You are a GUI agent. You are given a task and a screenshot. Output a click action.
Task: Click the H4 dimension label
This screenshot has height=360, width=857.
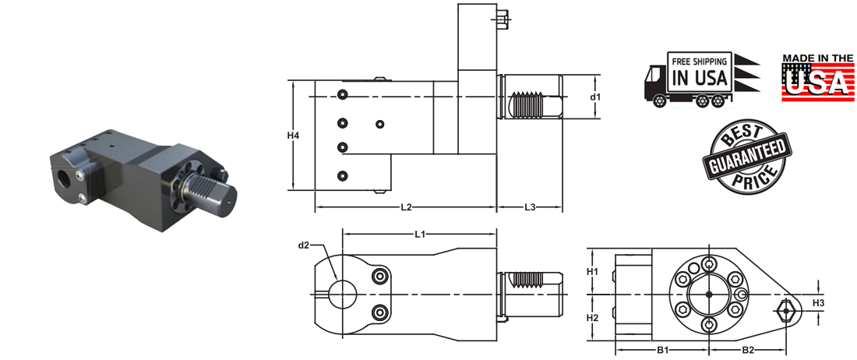click(x=293, y=136)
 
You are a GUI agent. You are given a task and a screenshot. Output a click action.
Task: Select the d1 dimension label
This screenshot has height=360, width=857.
click(x=594, y=97)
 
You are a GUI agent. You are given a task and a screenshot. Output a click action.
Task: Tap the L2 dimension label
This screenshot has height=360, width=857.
click(x=406, y=207)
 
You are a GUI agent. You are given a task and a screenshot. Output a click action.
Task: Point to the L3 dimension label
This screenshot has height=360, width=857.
click(x=530, y=207)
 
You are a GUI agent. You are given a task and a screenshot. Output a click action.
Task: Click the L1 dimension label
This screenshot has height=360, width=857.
click(x=420, y=234)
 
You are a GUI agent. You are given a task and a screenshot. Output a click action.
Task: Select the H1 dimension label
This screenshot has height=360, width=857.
click(x=592, y=271)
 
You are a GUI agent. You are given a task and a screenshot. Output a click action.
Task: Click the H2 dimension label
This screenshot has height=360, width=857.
click(x=592, y=318)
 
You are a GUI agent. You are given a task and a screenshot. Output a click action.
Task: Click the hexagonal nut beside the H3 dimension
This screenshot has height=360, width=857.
click(x=787, y=312)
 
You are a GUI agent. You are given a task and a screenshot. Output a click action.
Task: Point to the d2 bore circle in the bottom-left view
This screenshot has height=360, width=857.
click(x=342, y=293)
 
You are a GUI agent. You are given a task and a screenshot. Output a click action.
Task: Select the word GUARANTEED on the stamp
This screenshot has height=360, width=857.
click(x=745, y=157)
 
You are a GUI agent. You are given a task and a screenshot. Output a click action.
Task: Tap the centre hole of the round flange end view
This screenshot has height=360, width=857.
click(x=708, y=294)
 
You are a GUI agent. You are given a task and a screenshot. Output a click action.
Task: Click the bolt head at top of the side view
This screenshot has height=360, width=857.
click(x=503, y=15)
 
